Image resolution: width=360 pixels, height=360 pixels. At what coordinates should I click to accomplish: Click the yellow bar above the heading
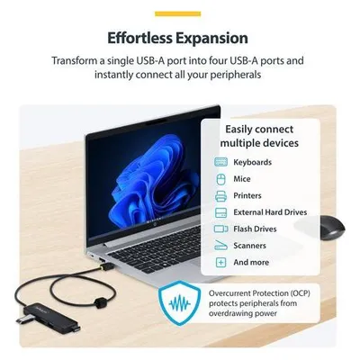click(x=177, y=13)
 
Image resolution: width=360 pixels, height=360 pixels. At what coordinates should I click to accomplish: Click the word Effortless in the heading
click(x=139, y=39)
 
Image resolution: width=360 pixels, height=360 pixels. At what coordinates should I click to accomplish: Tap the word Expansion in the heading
click(x=211, y=39)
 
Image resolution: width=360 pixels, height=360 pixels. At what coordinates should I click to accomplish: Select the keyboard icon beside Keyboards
click(x=221, y=162)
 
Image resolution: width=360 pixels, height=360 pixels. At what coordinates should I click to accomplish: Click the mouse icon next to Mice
click(x=221, y=179)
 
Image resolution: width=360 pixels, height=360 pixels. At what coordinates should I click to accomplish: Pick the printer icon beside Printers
click(x=221, y=196)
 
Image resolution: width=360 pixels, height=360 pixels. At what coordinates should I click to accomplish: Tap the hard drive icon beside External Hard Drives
click(x=221, y=212)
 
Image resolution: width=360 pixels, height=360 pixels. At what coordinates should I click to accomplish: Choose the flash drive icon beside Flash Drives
click(x=221, y=229)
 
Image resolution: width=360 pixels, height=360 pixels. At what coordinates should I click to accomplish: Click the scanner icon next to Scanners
click(x=221, y=246)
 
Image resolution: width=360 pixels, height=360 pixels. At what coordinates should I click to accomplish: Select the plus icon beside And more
click(x=221, y=262)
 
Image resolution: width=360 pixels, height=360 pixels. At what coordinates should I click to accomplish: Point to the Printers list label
click(x=247, y=195)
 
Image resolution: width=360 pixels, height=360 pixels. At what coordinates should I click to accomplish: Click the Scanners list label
click(x=249, y=246)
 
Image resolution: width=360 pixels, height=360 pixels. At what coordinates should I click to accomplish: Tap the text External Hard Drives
click(x=270, y=212)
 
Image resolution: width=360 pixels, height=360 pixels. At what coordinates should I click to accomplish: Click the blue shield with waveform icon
click(x=180, y=303)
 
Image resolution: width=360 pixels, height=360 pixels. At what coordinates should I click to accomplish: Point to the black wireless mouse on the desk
click(x=332, y=228)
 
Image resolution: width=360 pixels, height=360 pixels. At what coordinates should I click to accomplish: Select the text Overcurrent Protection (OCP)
click(x=259, y=293)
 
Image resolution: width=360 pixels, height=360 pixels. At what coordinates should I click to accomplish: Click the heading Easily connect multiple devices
click(x=259, y=136)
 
